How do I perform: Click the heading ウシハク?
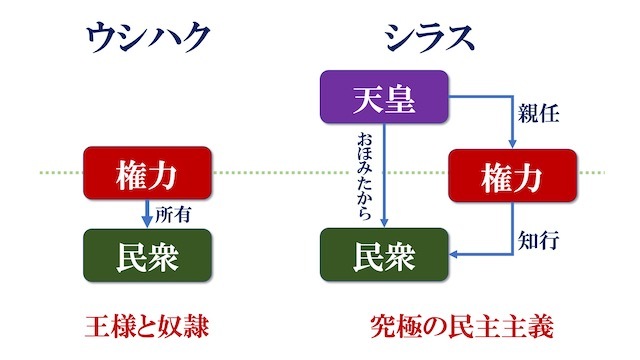tap(149, 38)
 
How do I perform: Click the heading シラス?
tap(431, 38)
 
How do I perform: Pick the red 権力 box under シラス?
tap(513, 178)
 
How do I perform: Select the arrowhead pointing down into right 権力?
tap(513, 145)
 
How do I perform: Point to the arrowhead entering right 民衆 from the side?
tap(453, 255)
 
